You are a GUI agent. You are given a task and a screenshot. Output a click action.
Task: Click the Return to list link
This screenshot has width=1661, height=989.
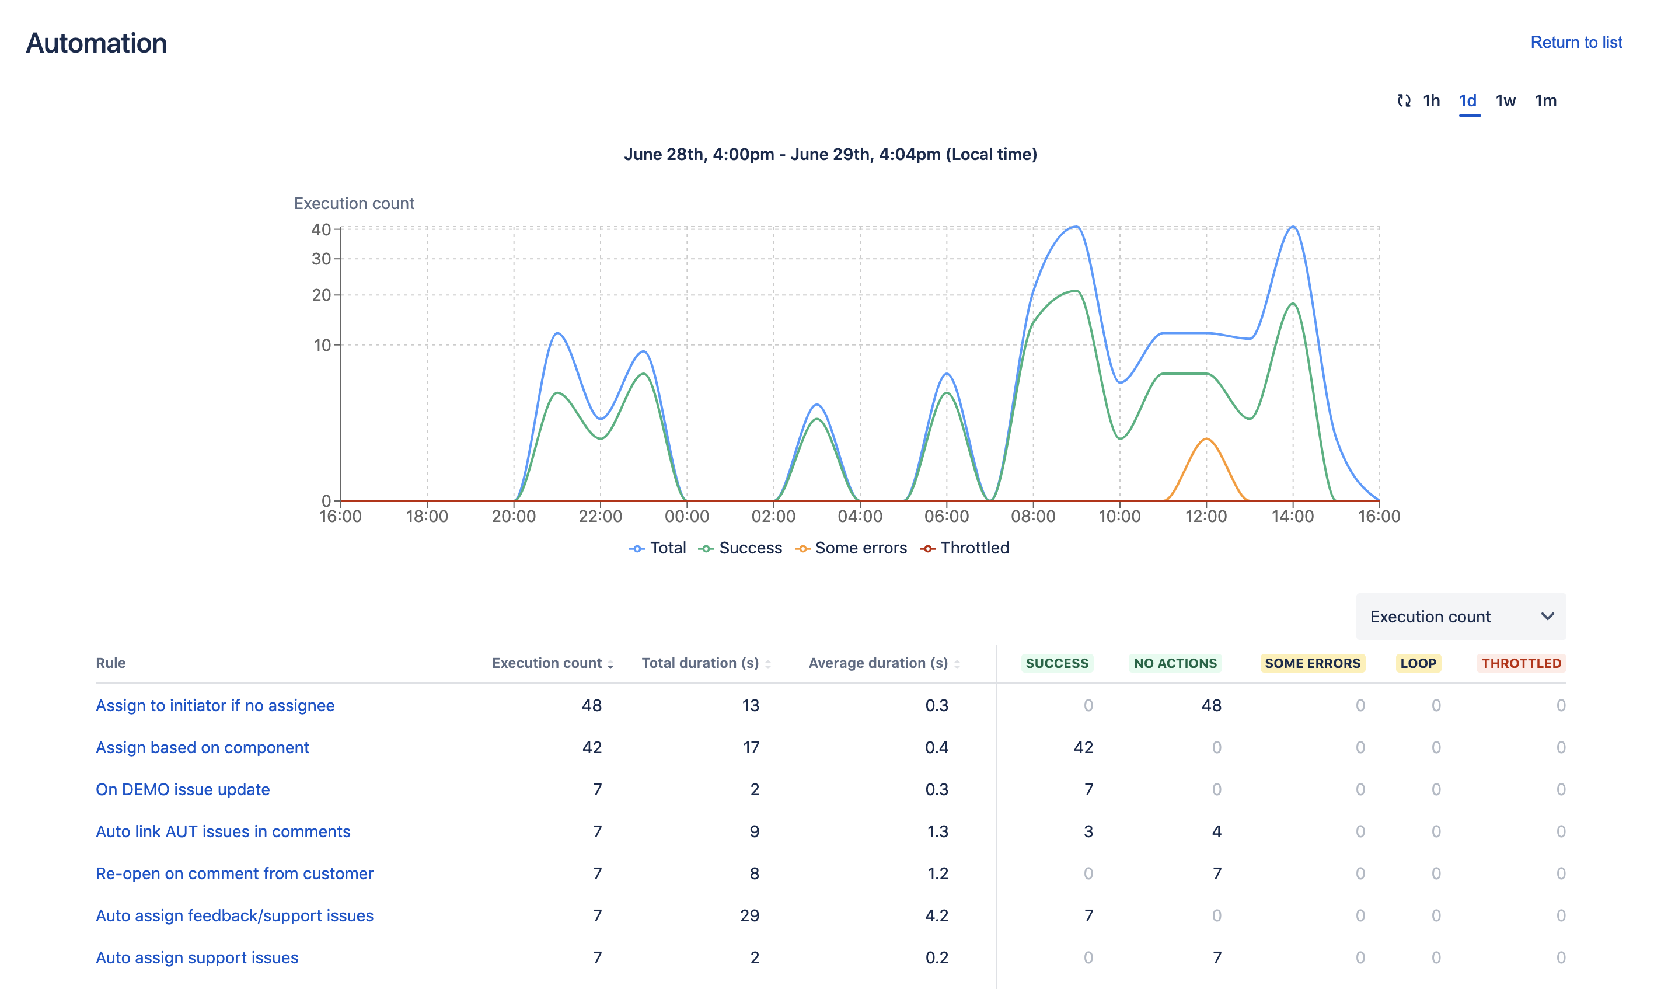1575,43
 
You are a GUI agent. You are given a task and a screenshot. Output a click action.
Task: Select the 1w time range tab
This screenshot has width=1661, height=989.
1505,100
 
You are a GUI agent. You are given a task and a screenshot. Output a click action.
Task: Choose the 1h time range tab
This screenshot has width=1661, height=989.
1430,100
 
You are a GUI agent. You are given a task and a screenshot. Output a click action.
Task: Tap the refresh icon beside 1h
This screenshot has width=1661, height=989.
1403,100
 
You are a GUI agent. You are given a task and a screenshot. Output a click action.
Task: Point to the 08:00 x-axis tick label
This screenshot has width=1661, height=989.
1032,517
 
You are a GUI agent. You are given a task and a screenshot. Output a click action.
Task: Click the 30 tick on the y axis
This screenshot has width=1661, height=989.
321,259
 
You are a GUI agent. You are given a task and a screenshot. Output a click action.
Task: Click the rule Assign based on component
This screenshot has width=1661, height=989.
203,747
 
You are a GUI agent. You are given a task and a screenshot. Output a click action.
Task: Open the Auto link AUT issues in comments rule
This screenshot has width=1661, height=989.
223,831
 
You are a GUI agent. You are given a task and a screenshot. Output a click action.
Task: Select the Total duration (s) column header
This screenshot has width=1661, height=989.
700,663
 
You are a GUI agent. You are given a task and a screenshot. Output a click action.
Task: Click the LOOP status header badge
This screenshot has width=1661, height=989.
1417,663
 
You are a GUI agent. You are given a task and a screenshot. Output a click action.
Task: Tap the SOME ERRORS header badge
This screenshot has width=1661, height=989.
1311,663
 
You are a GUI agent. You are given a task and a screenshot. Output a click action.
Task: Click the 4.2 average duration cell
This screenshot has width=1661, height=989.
936,915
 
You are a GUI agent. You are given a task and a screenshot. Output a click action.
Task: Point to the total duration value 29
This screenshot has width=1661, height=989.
749,915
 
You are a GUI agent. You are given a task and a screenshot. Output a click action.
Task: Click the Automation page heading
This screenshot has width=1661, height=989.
96,43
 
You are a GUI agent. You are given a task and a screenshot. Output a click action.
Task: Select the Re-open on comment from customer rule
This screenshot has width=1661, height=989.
235,873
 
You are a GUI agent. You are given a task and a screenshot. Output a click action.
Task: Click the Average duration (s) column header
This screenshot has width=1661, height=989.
878,663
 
